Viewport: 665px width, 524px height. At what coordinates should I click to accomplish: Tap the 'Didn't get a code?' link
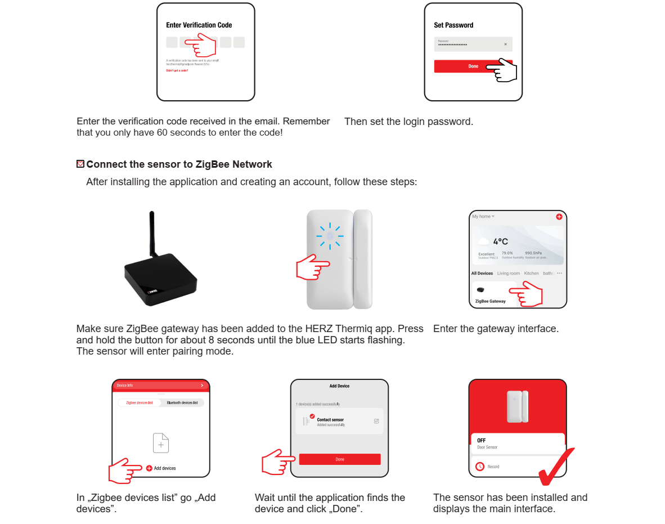(177, 70)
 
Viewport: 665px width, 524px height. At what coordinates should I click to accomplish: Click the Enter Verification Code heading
(199, 25)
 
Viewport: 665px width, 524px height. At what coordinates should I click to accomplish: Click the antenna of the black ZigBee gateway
(152, 236)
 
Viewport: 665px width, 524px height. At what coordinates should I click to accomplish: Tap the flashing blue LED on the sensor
(330, 236)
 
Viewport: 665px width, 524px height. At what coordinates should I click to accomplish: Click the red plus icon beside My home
(559, 217)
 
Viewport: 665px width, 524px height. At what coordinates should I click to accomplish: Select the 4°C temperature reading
(500, 241)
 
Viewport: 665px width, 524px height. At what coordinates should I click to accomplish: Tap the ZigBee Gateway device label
(490, 301)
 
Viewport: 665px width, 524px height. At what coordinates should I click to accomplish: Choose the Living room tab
(508, 274)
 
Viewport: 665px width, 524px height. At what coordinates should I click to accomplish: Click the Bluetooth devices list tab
(182, 403)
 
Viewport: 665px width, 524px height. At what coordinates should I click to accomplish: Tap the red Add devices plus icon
(149, 468)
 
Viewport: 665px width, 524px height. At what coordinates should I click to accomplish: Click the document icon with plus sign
(161, 443)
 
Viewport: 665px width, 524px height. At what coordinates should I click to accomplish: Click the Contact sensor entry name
(330, 420)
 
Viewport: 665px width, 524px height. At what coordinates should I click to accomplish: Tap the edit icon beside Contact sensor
(376, 421)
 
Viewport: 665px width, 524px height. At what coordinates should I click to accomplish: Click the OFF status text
(481, 441)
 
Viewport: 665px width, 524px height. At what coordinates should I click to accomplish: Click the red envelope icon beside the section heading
(80, 164)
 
